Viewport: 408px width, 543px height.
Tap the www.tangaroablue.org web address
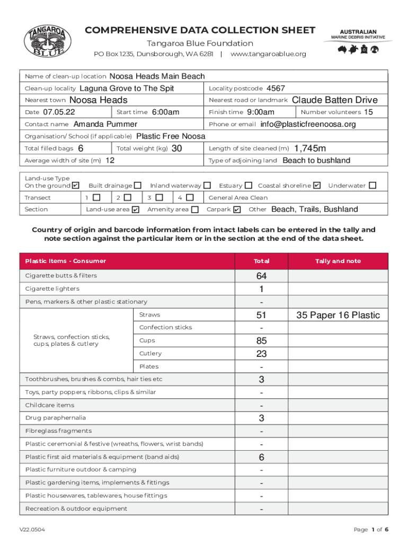pos(268,54)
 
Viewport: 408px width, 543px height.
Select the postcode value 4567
pos(276,88)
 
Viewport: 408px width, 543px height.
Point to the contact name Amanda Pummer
pos(105,124)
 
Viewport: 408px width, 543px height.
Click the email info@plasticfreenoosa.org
pos(308,124)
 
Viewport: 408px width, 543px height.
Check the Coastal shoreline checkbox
pos(317,186)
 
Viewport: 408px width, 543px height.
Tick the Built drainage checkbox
pos(138,186)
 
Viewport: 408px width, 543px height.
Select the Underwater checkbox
pos(372,186)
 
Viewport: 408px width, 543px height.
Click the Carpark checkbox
pos(237,209)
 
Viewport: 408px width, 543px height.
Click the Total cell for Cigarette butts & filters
pos(261,276)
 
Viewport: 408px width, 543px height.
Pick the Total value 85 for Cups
pos(261,340)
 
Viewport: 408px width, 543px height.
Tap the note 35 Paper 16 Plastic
pos(338,315)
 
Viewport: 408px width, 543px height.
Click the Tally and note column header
pos(338,261)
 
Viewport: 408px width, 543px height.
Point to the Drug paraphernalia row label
pos(56,418)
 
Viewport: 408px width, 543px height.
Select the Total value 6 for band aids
pos(261,457)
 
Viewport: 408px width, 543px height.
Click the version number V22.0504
pos(32,530)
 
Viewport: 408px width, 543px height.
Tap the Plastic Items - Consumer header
pos(66,261)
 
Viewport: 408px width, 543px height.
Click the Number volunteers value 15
pos(369,112)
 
